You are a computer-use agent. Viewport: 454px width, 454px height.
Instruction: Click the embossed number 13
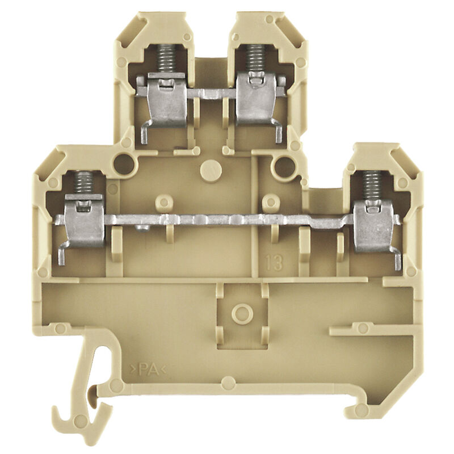pyautogui.click(x=274, y=263)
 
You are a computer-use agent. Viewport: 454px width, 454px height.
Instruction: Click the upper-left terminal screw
pyautogui.click(x=166, y=60)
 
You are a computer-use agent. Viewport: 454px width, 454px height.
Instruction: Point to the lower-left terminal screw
pyautogui.click(x=84, y=183)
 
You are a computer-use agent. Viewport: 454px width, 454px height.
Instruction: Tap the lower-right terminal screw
pyautogui.click(x=373, y=186)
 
